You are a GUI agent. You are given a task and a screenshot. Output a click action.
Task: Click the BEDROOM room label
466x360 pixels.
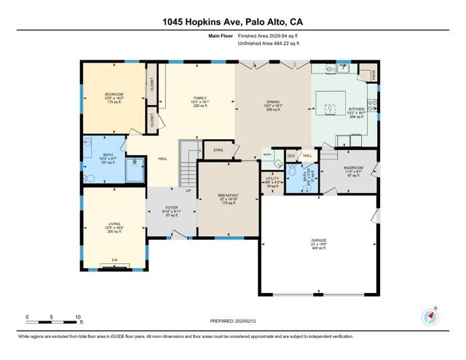(x=114, y=94)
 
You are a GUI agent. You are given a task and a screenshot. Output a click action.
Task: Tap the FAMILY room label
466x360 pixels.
(x=200, y=98)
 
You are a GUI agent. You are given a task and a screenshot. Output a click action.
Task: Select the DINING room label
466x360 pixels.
(x=273, y=101)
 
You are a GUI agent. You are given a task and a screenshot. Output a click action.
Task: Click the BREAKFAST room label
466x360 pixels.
(x=229, y=195)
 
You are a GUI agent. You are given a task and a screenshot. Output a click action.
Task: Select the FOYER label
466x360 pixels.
(x=171, y=208)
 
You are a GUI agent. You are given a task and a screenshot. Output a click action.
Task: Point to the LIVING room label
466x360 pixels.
(x=114, y=224)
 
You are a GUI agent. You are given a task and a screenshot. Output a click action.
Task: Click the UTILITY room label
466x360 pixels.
(x=272, y=179)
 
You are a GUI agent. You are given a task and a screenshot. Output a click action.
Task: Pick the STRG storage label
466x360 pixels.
(x=218, y=150)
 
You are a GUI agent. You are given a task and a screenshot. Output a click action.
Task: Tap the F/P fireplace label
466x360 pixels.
(x=114, y=260)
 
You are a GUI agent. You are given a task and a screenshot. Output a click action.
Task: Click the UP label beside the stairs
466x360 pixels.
(x=189, y=191)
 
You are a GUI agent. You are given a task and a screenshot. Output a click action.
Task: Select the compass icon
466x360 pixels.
(x=428, y=316)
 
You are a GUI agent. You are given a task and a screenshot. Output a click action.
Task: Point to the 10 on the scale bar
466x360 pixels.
(x=78, y=317)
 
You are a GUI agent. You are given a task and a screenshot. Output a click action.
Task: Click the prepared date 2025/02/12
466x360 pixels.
(x=253, y=320)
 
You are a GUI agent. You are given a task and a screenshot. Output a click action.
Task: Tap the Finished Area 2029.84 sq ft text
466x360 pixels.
(x=268, y=34)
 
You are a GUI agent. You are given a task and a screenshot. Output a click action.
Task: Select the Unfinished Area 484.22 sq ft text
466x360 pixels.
(x=268, y=44)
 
